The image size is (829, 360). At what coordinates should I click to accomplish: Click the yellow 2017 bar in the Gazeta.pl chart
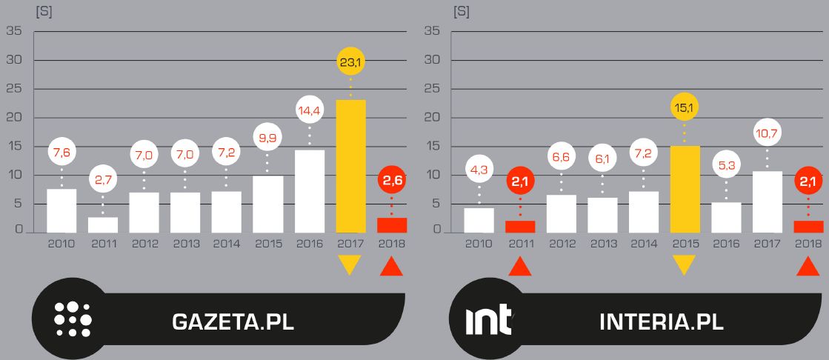[x=350, y=166]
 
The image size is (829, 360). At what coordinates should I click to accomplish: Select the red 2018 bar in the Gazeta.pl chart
[x=392, y=225]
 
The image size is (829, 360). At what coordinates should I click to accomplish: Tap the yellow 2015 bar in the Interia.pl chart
[x=684, y=189]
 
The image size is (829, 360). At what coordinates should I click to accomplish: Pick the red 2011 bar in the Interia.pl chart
[x=519, y=227]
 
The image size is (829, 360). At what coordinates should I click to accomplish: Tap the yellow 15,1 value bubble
[x=684, y=108]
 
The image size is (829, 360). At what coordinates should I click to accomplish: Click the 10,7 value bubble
[x=767, y=133]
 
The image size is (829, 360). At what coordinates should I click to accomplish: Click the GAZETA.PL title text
[x=233, y=322]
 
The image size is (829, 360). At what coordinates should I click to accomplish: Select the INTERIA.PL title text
[x=661, y=322]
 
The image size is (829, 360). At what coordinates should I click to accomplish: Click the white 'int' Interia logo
[x=488, y=321]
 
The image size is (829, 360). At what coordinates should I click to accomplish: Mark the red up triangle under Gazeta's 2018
[x=392, y=265]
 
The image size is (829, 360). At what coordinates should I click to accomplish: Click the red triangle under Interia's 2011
[x=519, y=265]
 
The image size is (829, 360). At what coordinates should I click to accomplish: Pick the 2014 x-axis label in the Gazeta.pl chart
[x=226, y=243]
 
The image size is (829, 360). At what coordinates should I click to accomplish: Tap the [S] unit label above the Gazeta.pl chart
[x=44, y=12]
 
